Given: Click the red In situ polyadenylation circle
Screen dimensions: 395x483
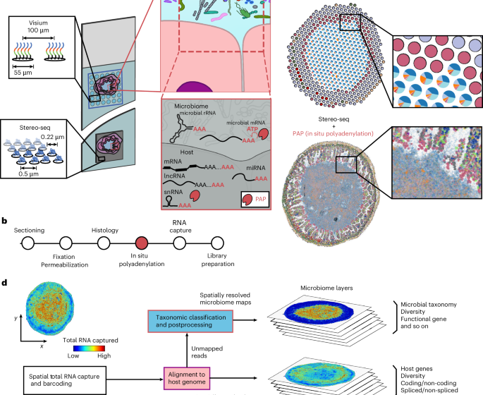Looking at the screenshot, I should pyautogui.click(x=142, y=243).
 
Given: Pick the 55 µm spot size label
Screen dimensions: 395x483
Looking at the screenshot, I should pyautogui.click(x=25, y=72).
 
